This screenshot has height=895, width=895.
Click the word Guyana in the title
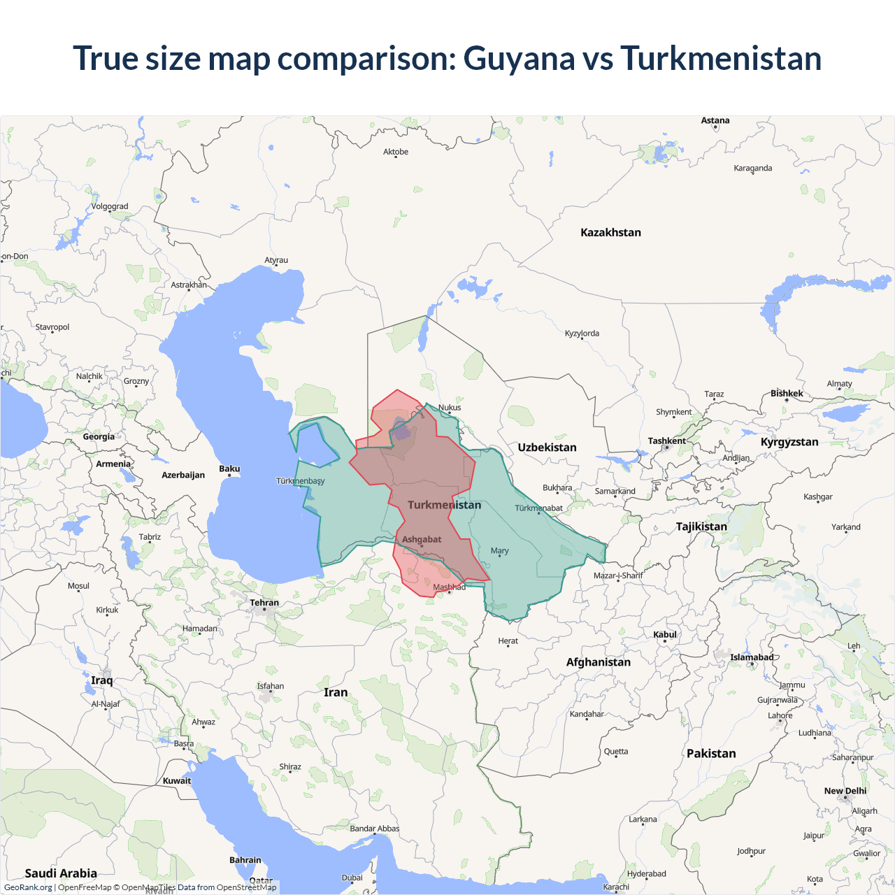click(x=519, y=59)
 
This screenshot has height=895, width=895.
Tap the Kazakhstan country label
click(x=610, y=233)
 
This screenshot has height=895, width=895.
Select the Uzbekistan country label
click(x=547, y=447)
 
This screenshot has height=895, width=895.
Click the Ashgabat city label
click(x=422, y=540)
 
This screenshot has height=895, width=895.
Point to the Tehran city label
click(x=264, y=603)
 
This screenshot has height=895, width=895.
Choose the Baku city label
click(x=229, y=468)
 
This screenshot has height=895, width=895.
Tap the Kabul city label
click(x=665, y=635)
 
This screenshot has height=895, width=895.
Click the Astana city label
click(x=715, y=121)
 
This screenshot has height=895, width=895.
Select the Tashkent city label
click(x=666, y=441)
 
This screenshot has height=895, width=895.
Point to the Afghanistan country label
click(x=598, y=662)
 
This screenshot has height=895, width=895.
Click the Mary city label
click(x=499, y=551)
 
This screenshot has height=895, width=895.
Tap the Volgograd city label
click(x=110, y=206)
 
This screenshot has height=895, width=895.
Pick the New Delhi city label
click(x=845, y=791)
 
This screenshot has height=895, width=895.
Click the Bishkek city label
click(x=787, y=394)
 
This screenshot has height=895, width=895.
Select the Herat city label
click(x=508, y=641)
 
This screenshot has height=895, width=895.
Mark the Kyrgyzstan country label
click(x=789, y=442)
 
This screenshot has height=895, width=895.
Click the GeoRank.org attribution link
click(x=28, y=887)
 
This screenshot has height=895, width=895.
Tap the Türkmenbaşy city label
click(x=300, y=481)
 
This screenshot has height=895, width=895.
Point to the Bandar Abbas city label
click(x=375, y=829)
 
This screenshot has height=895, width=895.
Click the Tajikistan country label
click(x=701, y=527)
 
